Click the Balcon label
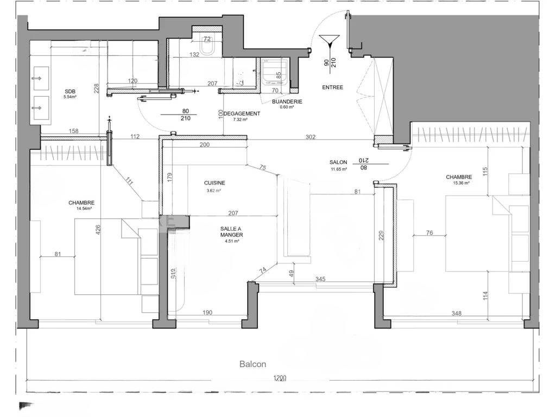(x=252, y=364)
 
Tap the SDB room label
(x=69, y=91)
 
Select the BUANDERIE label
(x=287, y=102)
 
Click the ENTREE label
(x=332, y=87)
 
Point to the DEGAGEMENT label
(x=242, y=113)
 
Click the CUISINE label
(x=214, y=184)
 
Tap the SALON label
(x=338, y=162)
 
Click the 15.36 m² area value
(x=459, y=183)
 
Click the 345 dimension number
(x=321, y=279)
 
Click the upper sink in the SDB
(x=39, y=79)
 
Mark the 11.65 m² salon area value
(x=338, y=169)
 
